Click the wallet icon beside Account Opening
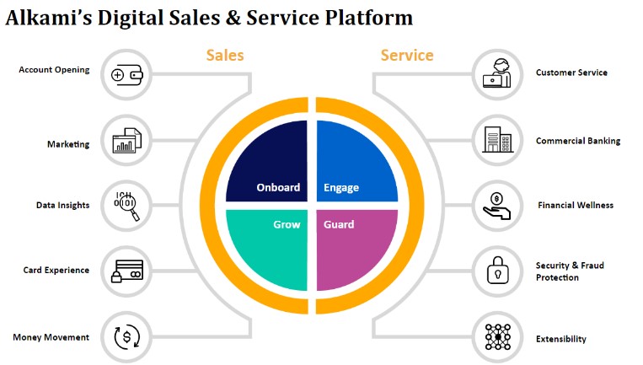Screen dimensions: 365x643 126,74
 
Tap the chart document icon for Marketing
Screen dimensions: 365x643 126,140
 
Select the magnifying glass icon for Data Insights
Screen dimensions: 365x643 126,205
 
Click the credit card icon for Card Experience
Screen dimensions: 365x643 126,271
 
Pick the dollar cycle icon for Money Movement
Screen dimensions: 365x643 126,337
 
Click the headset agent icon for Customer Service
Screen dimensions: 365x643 496,72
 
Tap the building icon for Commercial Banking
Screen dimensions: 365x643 496,139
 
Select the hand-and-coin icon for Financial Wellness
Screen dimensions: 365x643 496,205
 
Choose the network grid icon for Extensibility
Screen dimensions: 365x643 496,337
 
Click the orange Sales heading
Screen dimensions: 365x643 225,56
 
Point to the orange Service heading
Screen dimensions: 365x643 407,56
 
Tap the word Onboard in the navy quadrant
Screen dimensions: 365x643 278,187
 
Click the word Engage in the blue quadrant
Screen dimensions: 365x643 341,187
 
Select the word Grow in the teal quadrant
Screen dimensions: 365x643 287,225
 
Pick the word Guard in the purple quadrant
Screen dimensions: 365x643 339,225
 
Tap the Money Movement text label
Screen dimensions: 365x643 51,337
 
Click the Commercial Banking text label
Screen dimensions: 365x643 577,141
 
